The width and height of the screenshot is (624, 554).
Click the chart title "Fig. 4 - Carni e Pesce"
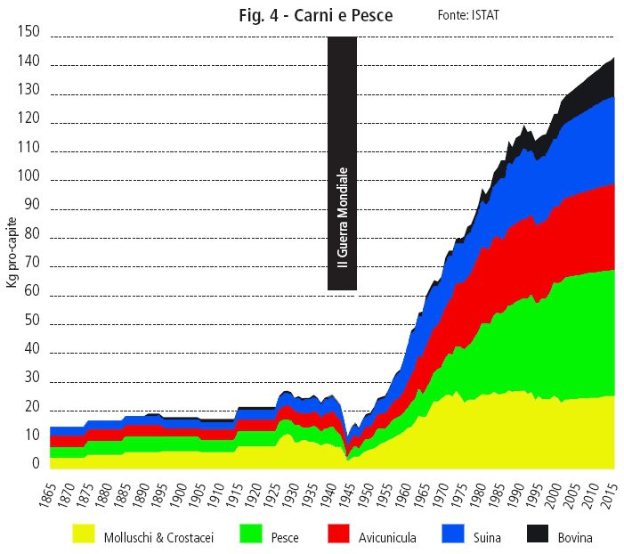pos(328,16)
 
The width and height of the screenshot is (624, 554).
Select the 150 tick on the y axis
pos(29,32)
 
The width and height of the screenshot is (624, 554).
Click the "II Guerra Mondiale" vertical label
pos(342,217)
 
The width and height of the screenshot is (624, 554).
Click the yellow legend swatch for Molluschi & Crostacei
pos(84,535)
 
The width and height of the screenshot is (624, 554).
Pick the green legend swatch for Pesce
pos(252,535)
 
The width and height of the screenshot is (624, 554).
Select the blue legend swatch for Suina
pos(453,535)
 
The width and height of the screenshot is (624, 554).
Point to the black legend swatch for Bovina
pos(537,535)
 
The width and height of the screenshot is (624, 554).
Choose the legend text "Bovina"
pos(573,537)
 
